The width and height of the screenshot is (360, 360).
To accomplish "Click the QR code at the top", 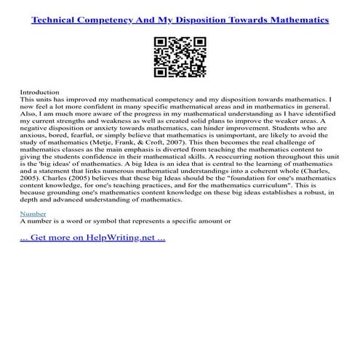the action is pyautogui.click(x=180, y=54).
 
